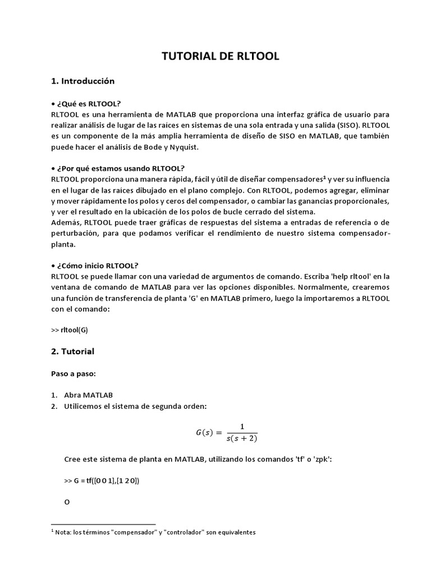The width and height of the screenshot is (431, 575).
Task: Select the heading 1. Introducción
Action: [x=82, y=81]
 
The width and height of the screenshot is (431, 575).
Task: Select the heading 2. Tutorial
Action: [x=72, y=352]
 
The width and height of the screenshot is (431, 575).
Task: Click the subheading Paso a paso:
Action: [x=70, y=373]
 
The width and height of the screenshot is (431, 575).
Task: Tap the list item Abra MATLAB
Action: [x=88, y=395]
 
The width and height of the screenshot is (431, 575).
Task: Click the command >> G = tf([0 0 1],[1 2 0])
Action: [x=102, y=481]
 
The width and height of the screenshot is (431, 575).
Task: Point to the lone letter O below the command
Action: [x=67, y=503]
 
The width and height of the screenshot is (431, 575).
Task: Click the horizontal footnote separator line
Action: [x=103, y=524]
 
